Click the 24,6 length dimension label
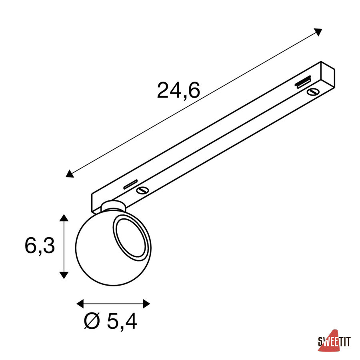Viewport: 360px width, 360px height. tap(178, 90)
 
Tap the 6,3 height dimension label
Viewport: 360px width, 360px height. tap(40, 246)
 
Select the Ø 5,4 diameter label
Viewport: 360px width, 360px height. tap(110, 321)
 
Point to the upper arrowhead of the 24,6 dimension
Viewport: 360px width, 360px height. tap(318, 32)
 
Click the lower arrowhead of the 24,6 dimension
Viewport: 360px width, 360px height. tap(69, 174)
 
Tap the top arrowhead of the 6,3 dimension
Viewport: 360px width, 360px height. tap(64, 218)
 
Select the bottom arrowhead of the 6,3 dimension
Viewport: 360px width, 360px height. tap(64, 275)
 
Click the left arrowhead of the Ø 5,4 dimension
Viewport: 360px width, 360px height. tap(80, 304)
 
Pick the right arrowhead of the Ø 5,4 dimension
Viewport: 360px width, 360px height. tap(146, 304)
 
